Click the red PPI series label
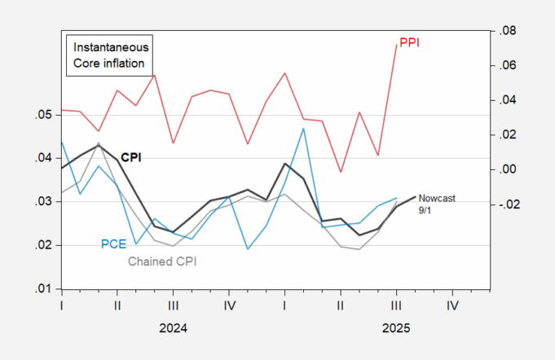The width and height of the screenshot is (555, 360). [x=409, y=42]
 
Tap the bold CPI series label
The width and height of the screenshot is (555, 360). [x=130, y=156]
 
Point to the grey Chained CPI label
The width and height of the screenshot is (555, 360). [x=163, y=261]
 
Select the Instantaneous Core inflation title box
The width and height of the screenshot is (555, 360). [x=109, y=55]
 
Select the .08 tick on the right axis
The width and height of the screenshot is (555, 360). [x=509, y=31]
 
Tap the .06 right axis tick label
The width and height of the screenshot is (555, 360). [x=509, y=66]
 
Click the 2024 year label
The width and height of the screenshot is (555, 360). [x=173, y=328]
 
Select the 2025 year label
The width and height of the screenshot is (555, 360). [x=395, y=328]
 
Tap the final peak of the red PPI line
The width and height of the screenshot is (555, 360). [x=397, y=45]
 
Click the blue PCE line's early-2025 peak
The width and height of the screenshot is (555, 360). [x=303, y=128]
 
